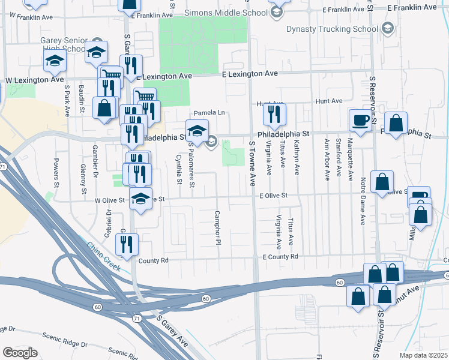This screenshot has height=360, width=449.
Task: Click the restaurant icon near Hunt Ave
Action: pyautogui.click(x=274, y=115)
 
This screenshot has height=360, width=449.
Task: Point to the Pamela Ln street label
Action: pyautogui.click(x=208, y=113)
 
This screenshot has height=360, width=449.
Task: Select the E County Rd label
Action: pyautogui.click(x=280, y=256)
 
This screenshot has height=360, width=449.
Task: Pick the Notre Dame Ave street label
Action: pyautogui.click(x=363, y=202)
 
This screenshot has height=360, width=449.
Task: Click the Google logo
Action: pyautogui.click(x=20, y=353)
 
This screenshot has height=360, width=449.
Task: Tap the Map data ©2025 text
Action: pyautogui.click(x=423, y=355)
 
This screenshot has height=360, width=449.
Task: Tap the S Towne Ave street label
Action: pyautogui.click(x=252, y=163)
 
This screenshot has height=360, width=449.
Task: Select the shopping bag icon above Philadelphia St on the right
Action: pyautogui.click(x=396, y=124)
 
